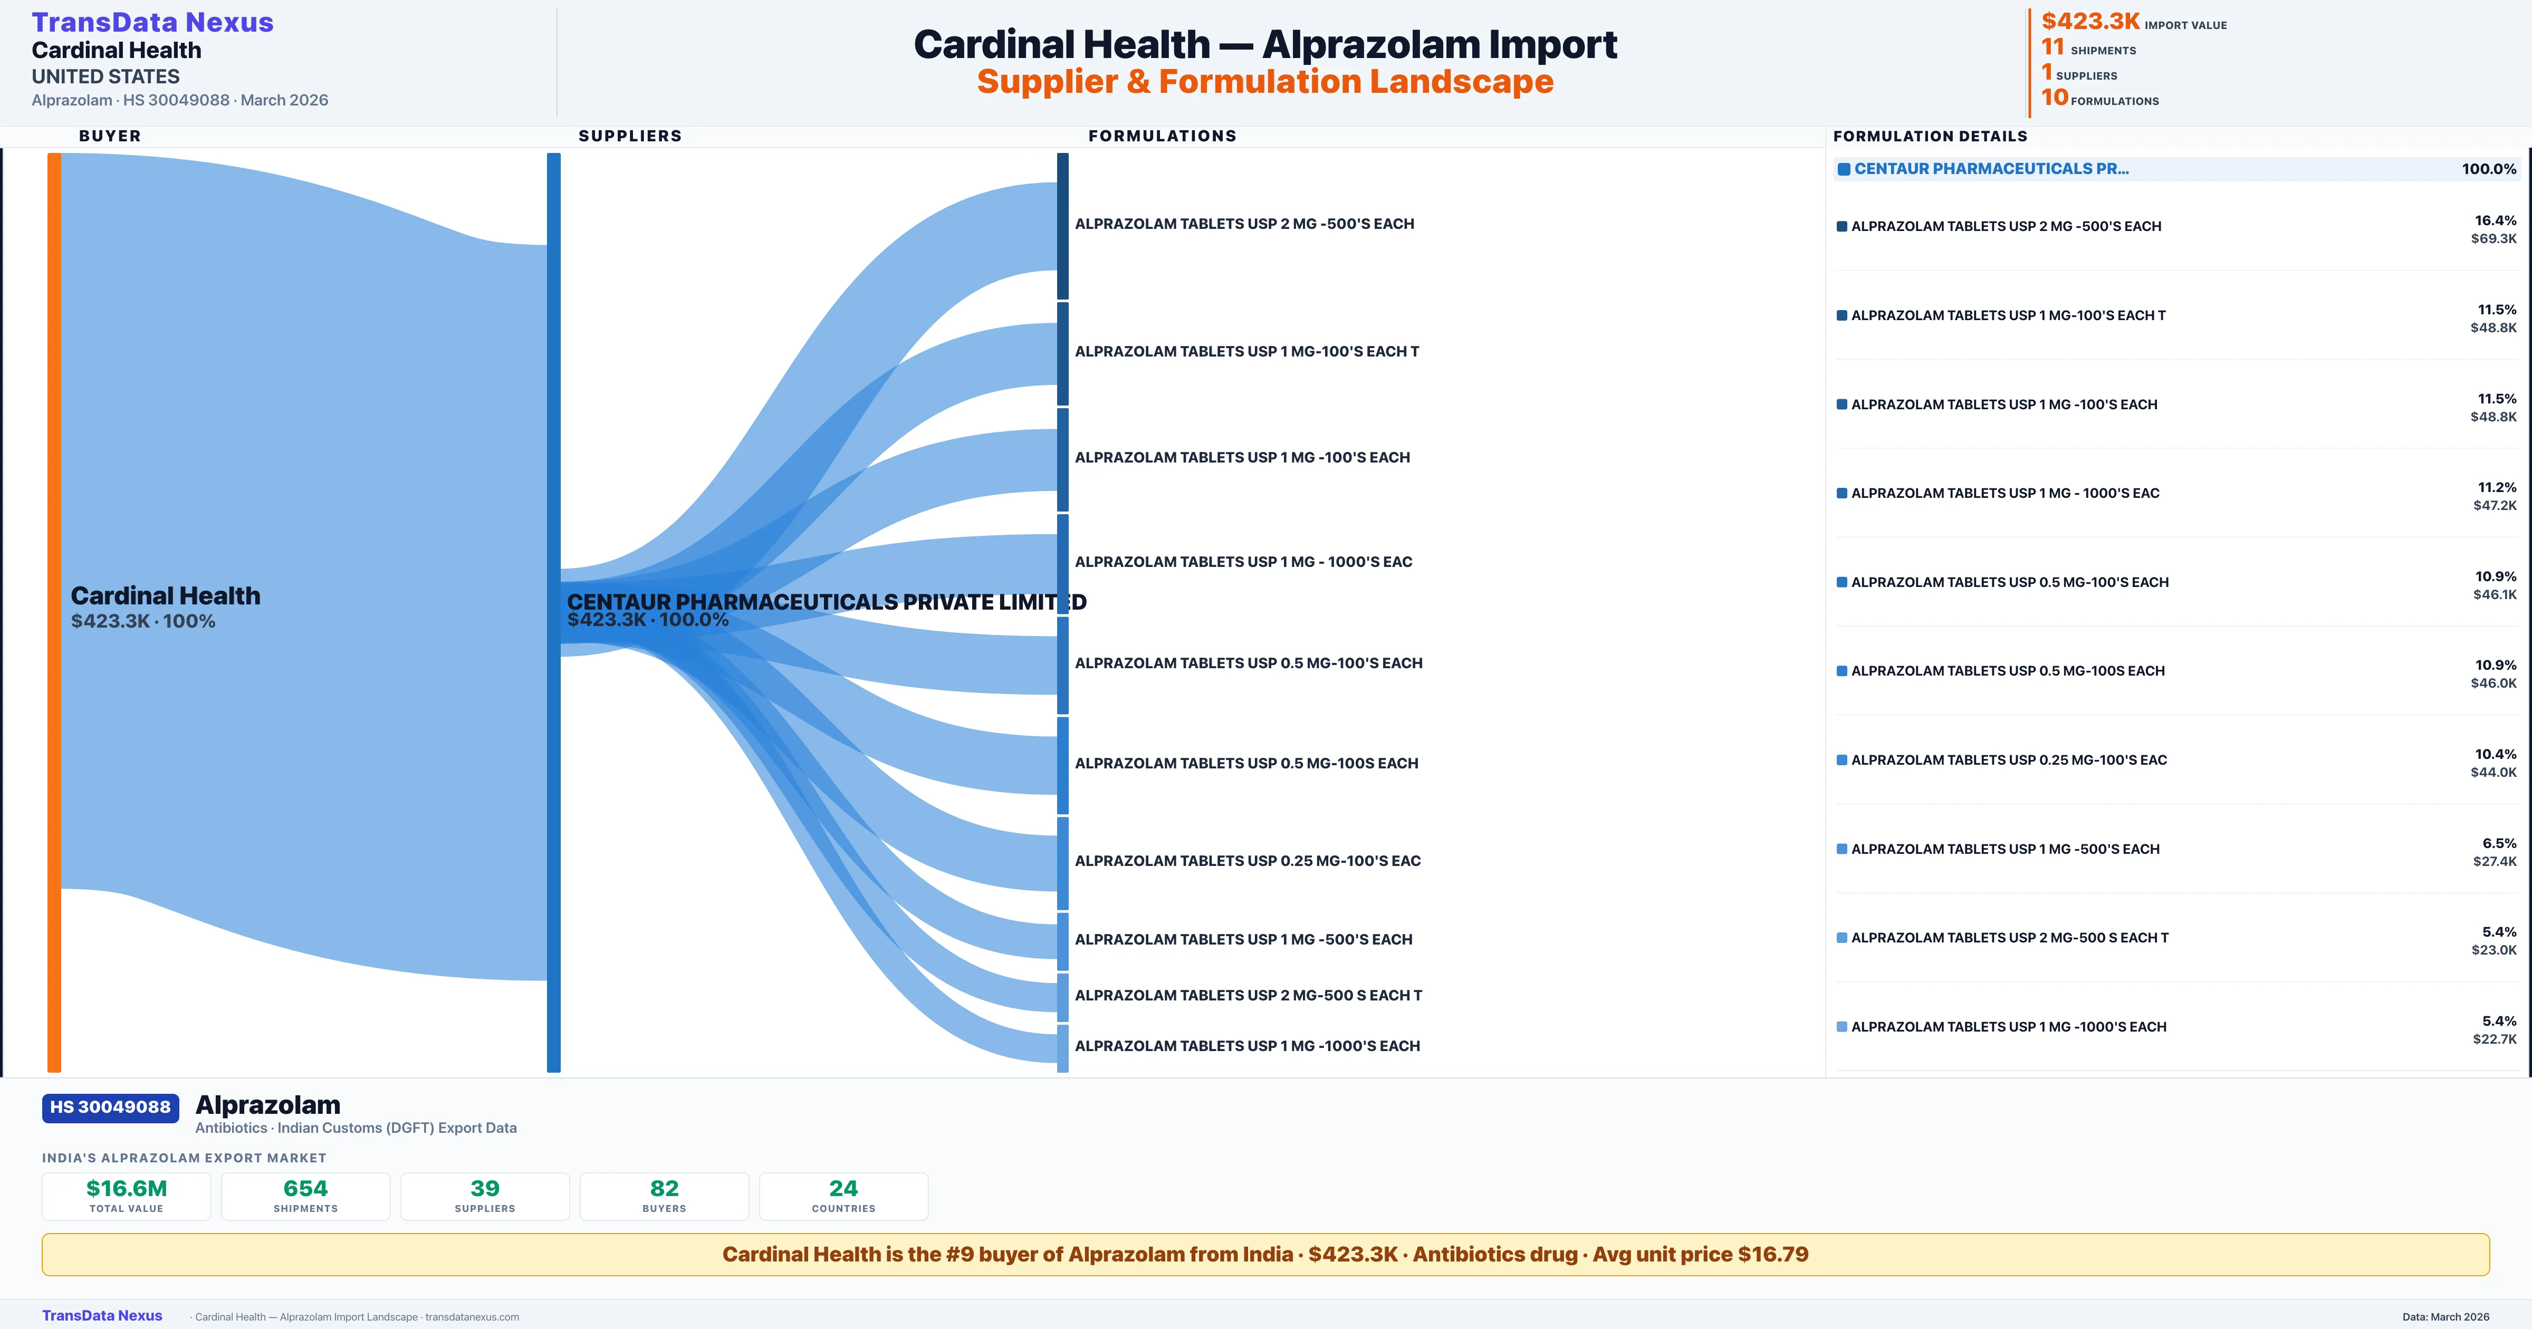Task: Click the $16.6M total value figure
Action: click(127, 1188)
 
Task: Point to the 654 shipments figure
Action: click(306, 1188)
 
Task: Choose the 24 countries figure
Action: click(843, 1188)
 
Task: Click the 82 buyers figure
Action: click(665, 1188)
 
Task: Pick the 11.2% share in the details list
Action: click(2497, 487)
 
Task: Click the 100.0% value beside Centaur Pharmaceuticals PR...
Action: click(2489, 169)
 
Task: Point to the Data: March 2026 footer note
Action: click(2445, 1316)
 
